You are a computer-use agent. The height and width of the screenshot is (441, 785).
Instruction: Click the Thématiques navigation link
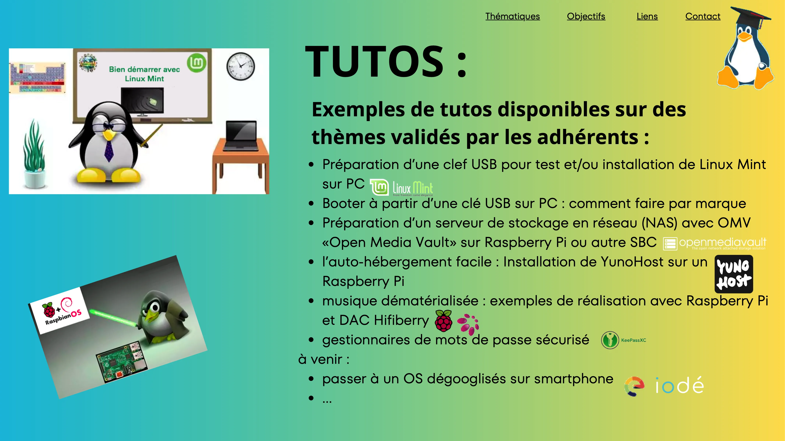pos(512,17)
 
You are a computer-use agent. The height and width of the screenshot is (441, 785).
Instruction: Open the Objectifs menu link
pos(586,17)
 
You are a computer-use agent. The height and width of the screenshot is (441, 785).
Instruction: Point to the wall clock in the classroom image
pos(241,66)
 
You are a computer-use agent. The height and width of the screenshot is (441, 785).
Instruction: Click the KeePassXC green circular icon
pos(610,340)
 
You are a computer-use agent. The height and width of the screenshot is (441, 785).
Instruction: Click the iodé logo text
pos(680,385)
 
